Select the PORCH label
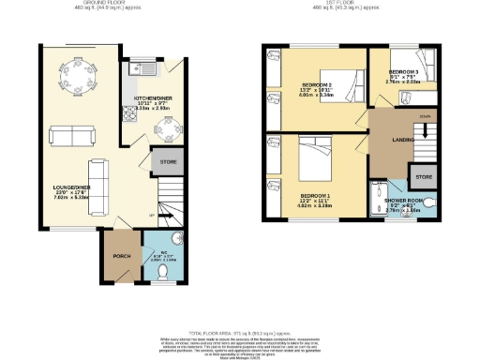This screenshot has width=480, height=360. click(120, 255)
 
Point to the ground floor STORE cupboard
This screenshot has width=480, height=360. click(168, 162)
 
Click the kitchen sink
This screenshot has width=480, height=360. click(145, 67)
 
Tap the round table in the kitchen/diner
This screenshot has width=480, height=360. click(166, 132)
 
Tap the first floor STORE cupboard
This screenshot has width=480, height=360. click(424, 176)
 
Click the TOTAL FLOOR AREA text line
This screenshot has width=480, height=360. click(240, 333)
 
